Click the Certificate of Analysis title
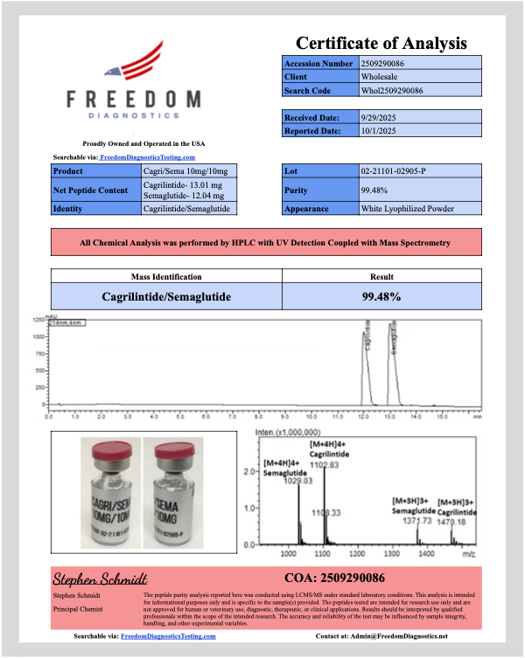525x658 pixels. point(381,43)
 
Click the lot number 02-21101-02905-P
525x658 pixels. point(393,170)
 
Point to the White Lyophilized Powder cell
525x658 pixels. point(408,209)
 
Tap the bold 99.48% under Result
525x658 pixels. point(381,297)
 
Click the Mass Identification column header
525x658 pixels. point(166,276)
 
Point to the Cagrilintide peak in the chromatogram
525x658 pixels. point(367,350)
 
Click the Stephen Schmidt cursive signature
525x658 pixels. point(100,578)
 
